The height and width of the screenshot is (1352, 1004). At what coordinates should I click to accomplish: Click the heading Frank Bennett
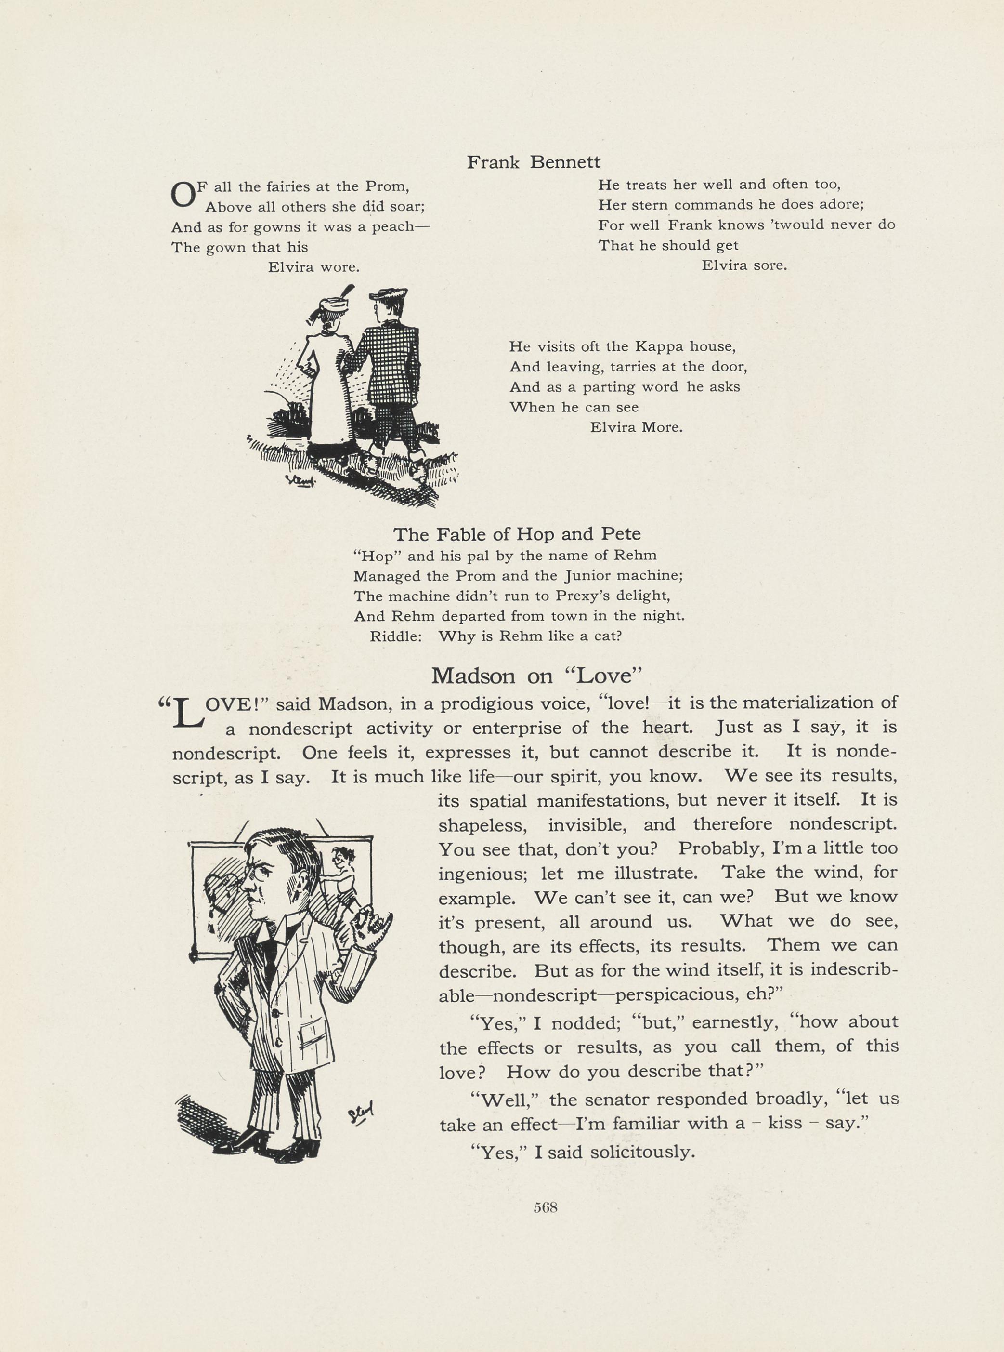(x=533, y=162)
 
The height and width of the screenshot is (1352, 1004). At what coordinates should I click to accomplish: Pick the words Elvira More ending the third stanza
(x=636, y=427)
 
